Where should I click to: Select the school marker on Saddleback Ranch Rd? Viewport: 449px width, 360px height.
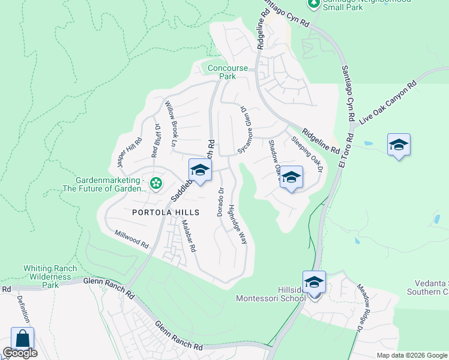tap(200, 170)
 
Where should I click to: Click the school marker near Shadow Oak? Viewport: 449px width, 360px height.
tap(291, 178)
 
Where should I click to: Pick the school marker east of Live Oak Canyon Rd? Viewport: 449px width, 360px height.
tap(399, 145)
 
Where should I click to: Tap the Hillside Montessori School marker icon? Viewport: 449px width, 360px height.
tap(315, 282)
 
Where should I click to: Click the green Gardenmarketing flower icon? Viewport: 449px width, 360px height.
tap(156, 183)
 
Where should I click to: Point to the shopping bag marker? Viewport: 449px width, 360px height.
tap(22, 338)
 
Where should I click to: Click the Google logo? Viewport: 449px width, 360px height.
tap(19, 353)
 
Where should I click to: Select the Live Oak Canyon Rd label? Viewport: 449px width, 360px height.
tap(388, 104)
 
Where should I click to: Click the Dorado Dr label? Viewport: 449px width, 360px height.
tap(220, 202)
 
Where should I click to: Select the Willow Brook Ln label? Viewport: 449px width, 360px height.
tap(169, 123)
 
